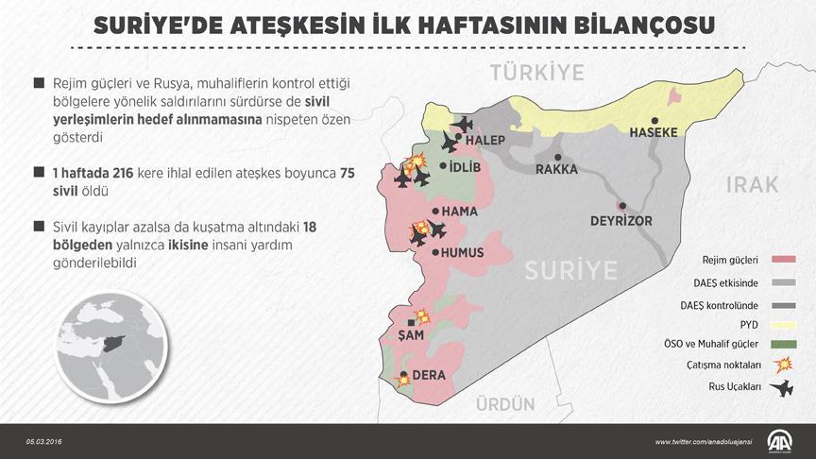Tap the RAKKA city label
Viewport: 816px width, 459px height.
[x=557, y=170]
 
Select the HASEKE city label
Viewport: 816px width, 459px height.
[x=654, y=132]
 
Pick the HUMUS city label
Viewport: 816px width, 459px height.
[x=463, y=253]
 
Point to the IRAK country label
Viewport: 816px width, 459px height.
[x=752, y=185]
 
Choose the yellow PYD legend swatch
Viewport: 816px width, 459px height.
[x=780, y=322]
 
